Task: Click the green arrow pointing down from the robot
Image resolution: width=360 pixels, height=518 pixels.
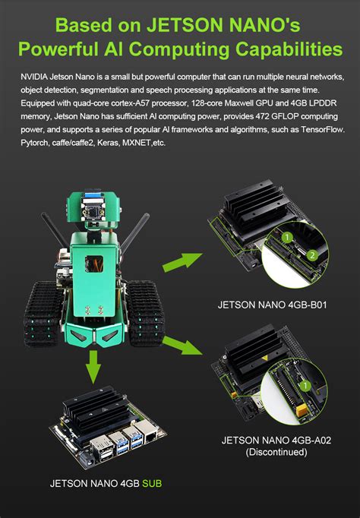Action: click(x=92, y=370)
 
